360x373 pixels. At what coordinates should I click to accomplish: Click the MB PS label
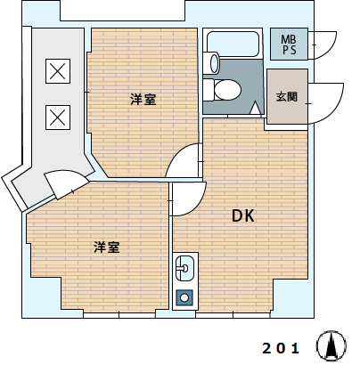tap(289, 45)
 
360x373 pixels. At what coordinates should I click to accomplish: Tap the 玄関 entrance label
tap(287, 96)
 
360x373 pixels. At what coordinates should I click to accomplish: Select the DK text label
tap(243, 215)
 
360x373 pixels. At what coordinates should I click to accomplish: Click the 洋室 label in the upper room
tap(143, 99)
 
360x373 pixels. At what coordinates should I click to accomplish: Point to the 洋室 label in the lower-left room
tap(107, 247)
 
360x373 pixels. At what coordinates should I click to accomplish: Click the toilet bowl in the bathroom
tap(227, 90)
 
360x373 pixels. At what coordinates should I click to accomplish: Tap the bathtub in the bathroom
tap(233, 44)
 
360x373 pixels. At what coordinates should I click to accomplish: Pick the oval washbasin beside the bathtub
tap(215, 62)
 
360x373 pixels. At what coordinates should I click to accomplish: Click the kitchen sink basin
tap(184, 268)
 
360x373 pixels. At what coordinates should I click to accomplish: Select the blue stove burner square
tap(184, 297)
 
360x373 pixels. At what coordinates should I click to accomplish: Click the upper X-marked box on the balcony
tap(58, 71)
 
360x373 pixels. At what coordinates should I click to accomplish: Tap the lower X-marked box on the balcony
tap(58, 118)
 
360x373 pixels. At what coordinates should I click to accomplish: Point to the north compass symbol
tap(331, 345)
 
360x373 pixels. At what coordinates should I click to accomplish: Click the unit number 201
tap(281, 348)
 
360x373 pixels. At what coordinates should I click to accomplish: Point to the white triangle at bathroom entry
tap(256, 108)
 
